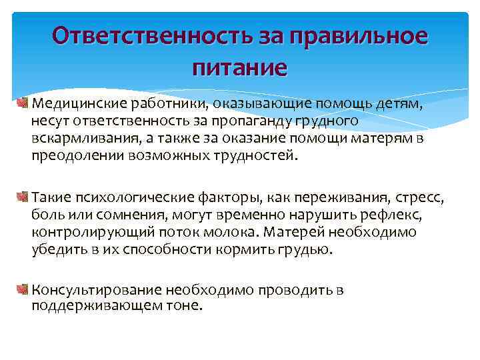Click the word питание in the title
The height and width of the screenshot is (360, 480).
coord(239,67)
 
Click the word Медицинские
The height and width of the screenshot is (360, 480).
coord(73,105)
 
